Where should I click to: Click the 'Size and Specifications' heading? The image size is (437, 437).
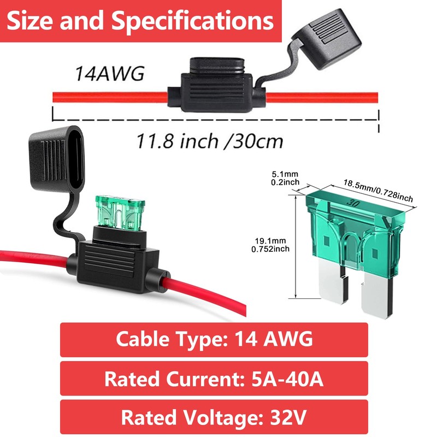[x=141, y=22]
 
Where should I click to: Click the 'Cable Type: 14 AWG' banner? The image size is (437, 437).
[x=214, y=339]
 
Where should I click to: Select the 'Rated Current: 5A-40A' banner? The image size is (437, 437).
[x=214, y=377]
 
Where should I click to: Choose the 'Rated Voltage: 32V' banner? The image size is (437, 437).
[x=214, y=417]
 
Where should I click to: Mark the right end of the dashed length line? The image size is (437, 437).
[x=379, y=120]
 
